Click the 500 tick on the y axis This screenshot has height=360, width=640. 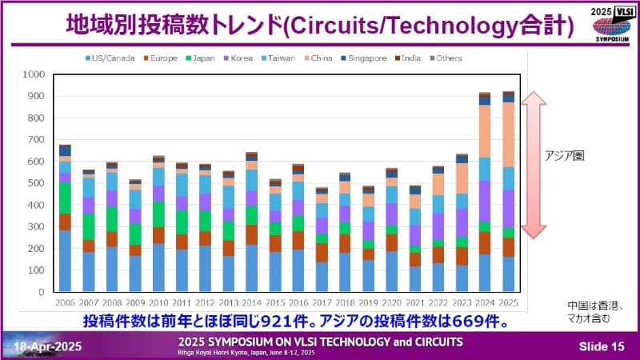coord(36,183)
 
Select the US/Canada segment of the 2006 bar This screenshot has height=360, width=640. coord(65,261)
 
